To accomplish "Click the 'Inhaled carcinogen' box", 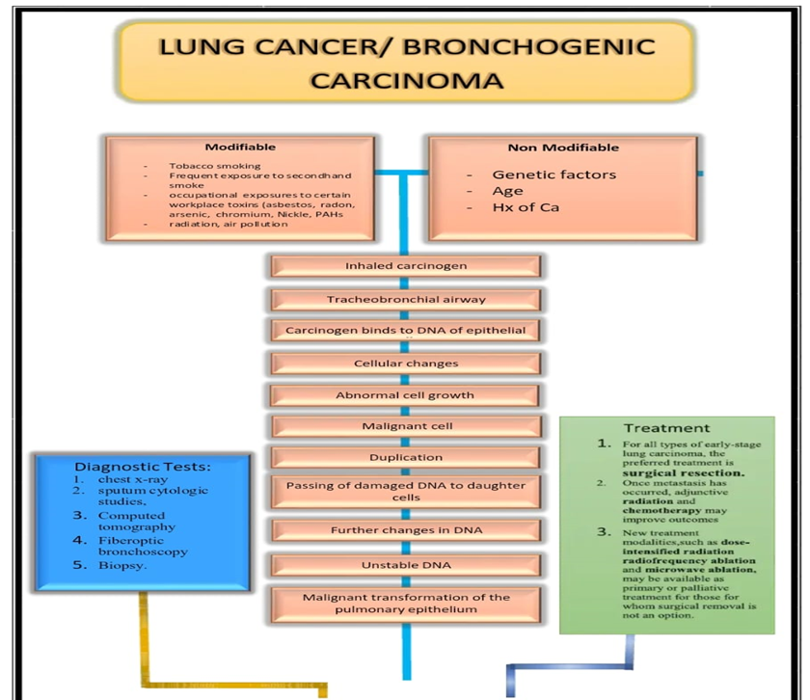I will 405,266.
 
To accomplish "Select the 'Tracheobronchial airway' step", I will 405,299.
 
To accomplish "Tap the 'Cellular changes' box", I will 405,363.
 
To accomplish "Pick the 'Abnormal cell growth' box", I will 405,395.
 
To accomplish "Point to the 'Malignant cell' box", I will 405,426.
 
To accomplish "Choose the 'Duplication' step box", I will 405,457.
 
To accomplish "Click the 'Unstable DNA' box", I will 405,564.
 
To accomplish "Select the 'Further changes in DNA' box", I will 405,530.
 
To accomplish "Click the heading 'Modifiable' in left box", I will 240,148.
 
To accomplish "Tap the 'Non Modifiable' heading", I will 563,148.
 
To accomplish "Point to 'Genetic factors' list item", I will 553,175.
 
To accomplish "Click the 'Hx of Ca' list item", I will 526,207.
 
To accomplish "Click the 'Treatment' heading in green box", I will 666,428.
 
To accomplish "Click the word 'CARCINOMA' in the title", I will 406,80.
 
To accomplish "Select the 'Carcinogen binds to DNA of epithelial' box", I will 405,331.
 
